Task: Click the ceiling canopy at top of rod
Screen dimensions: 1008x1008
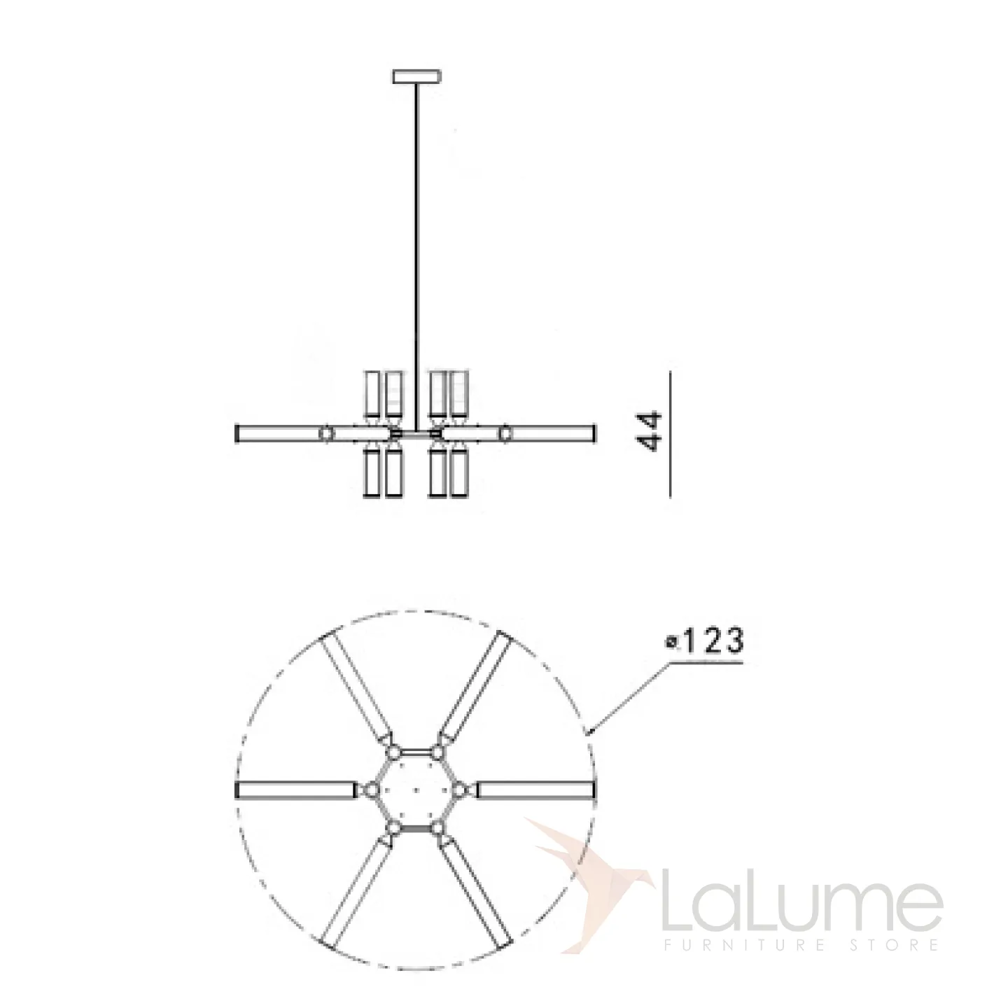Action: tap(416, 76)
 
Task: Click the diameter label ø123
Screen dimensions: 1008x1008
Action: tap(704, 641)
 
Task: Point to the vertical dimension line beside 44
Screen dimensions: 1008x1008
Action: tap(670, 433)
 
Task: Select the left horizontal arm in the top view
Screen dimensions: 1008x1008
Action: tap(295, 804)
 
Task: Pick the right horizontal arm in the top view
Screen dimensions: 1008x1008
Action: tap(535, 804)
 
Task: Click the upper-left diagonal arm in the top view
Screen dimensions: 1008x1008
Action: tap(356, 686)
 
